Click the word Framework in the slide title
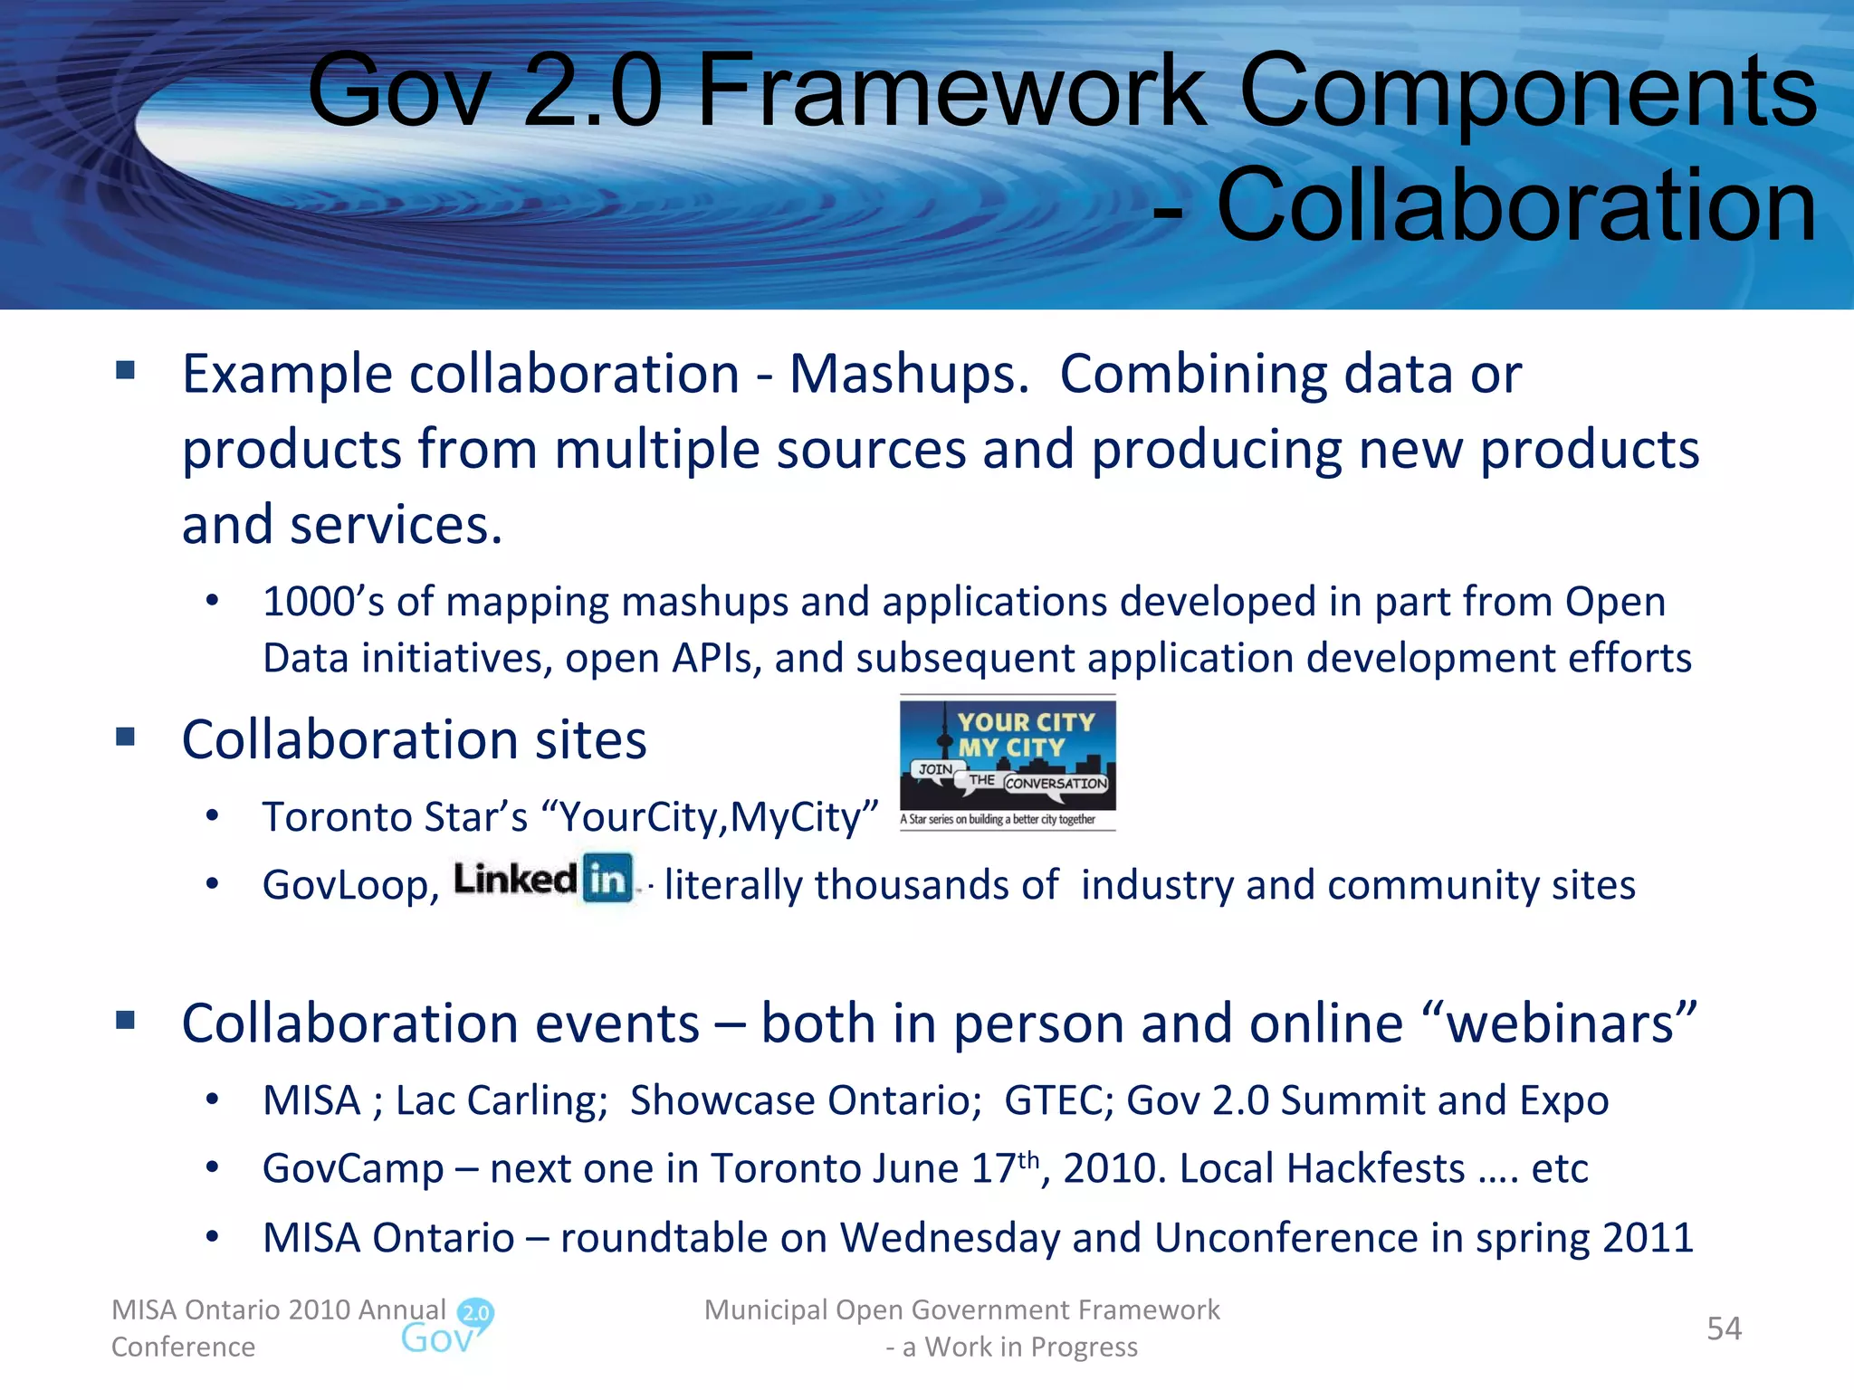(951, 90)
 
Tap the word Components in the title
(1528, 90)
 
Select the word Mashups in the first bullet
(908, 374)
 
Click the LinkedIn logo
(543, 879)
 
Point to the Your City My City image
(1008, 762)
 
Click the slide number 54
(1724, 1328)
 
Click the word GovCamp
(353, 1169)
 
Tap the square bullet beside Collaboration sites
(126, 737)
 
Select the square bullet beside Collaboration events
(126, 1021)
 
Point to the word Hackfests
(1375, 1169)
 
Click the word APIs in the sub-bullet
(711, 659)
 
